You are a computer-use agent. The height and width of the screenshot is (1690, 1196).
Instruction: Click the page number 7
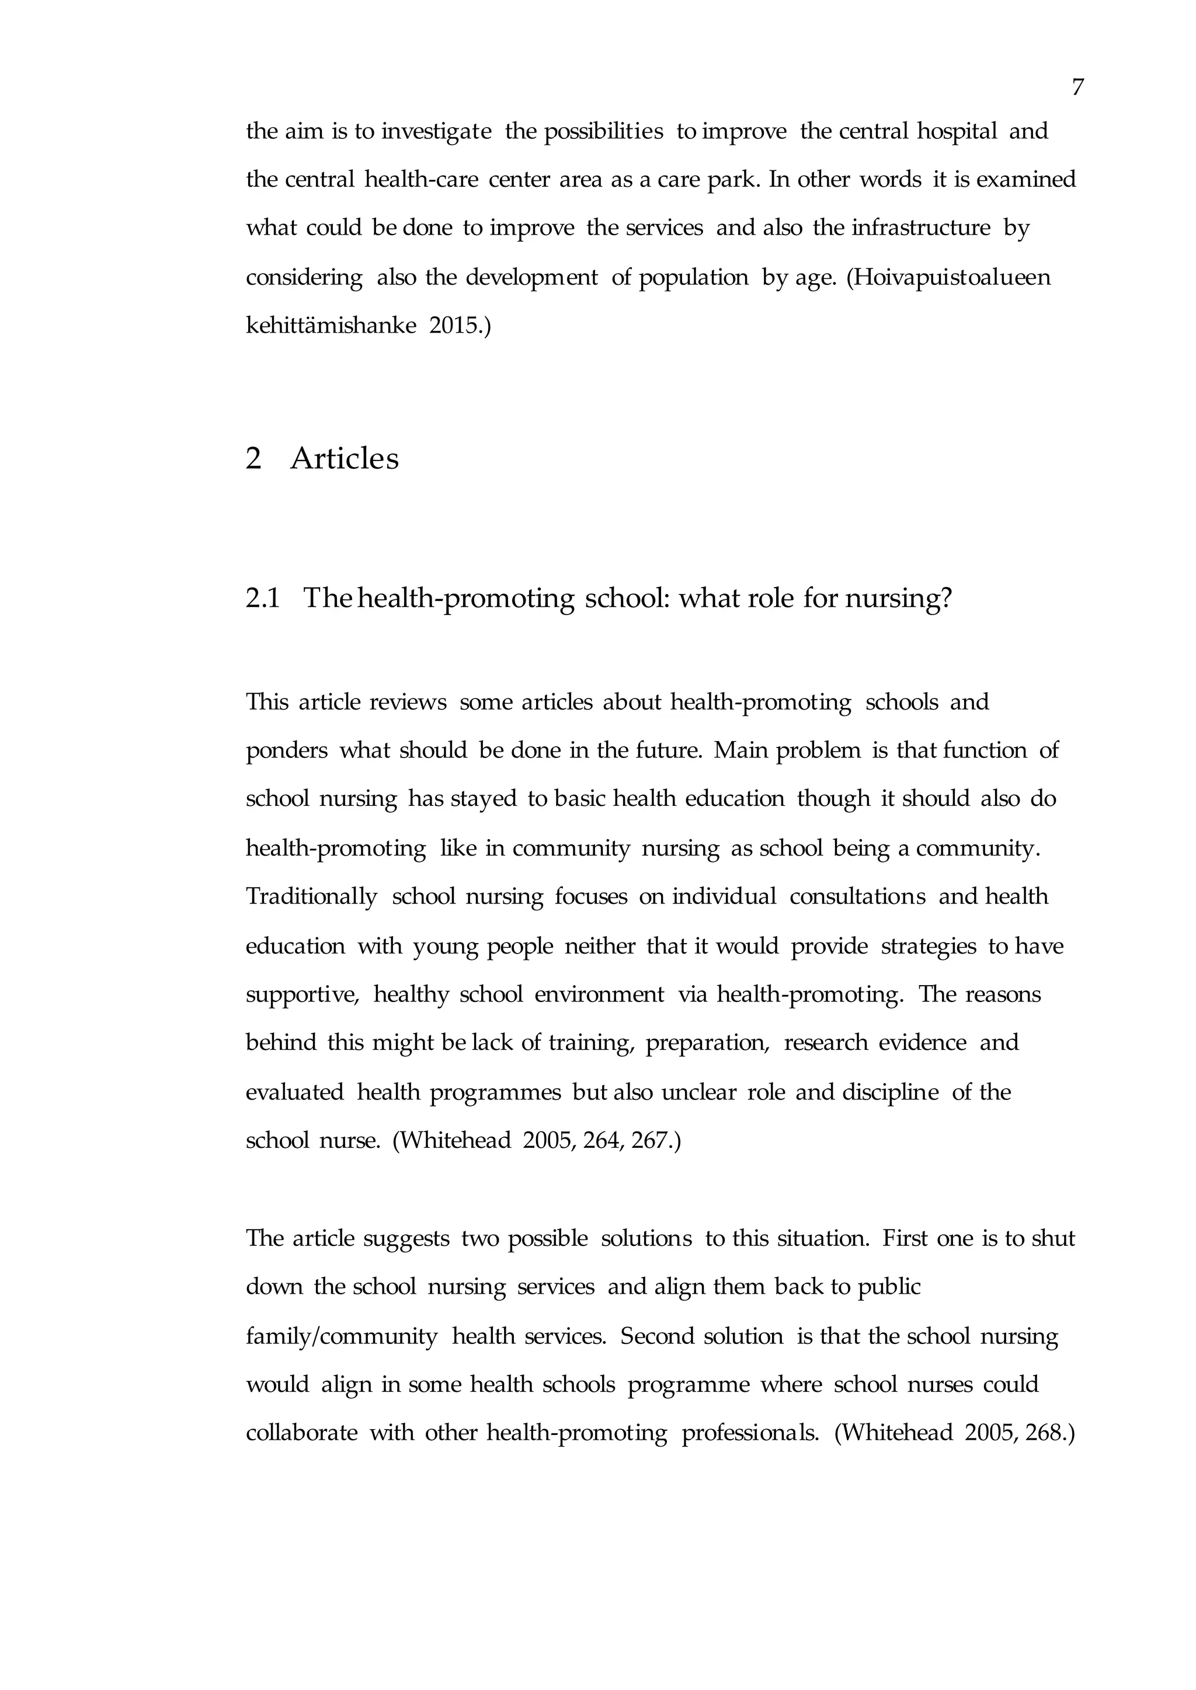click(1077, 88)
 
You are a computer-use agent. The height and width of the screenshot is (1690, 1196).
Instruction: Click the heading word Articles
click(345, 459)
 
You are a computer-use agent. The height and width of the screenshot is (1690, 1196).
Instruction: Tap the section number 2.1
click(263, 598)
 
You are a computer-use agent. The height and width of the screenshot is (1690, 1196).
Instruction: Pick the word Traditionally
click(311, 896)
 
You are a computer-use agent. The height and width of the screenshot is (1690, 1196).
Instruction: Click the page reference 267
click(651, 1140)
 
